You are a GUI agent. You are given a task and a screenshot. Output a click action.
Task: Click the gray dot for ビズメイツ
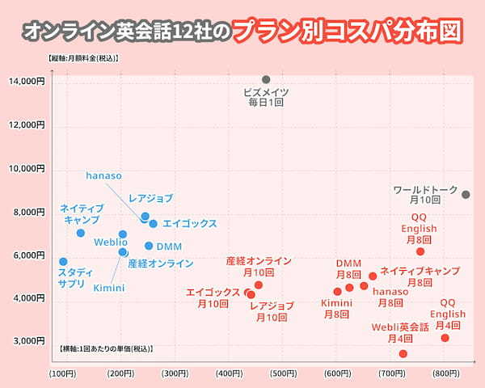click(266, 79)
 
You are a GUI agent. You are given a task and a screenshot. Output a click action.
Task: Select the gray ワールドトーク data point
click(466, 194)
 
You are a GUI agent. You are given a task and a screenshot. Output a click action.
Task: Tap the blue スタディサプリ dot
click(63, 262)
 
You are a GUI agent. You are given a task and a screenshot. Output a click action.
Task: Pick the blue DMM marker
click(149, 246)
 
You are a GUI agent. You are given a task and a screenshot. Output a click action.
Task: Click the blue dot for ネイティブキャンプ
click(81, 233)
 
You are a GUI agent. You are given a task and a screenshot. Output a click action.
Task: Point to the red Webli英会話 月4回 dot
click(403, 353)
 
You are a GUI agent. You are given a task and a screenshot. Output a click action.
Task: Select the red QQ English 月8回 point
click(420, 251)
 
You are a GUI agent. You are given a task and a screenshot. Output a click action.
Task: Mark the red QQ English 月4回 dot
click(445, 337)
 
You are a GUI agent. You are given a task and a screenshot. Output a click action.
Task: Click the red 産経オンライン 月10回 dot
click(259, 285)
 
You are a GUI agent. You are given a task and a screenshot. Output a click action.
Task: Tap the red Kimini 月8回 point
click(337, 292)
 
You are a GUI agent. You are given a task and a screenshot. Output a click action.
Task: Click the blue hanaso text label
click(103, 175)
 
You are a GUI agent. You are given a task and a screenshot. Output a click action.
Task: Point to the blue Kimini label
click(108, 287)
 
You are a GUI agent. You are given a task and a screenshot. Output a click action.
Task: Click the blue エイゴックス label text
click(189, 223)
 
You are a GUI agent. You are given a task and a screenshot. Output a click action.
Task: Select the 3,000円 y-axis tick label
click(29, 341)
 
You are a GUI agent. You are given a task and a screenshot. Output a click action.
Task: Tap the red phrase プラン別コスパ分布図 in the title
click(351, 31)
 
